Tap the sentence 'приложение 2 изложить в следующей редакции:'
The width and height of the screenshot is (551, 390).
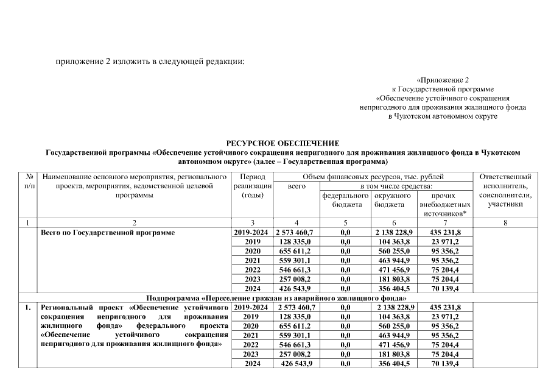150,62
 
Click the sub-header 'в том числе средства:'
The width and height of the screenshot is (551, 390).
396,186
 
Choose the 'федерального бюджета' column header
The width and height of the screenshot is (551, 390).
345,200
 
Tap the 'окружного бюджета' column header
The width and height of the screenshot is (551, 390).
393,200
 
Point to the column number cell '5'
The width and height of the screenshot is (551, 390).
345,223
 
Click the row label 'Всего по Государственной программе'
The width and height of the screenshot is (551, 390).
108,233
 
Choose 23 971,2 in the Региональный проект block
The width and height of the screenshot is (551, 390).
445,317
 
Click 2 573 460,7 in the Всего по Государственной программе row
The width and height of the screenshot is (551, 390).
297,233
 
